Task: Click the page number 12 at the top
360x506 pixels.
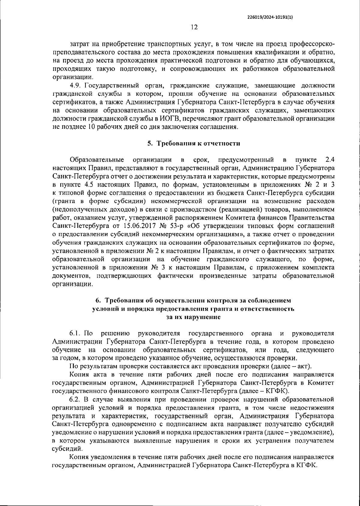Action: click(194, 27)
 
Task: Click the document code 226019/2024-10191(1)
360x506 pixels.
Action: click(270, 17)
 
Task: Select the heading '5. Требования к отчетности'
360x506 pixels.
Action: click(193, 143)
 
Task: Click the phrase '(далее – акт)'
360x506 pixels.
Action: click(291, 366)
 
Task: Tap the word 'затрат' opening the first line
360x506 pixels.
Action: click(79, 44)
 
